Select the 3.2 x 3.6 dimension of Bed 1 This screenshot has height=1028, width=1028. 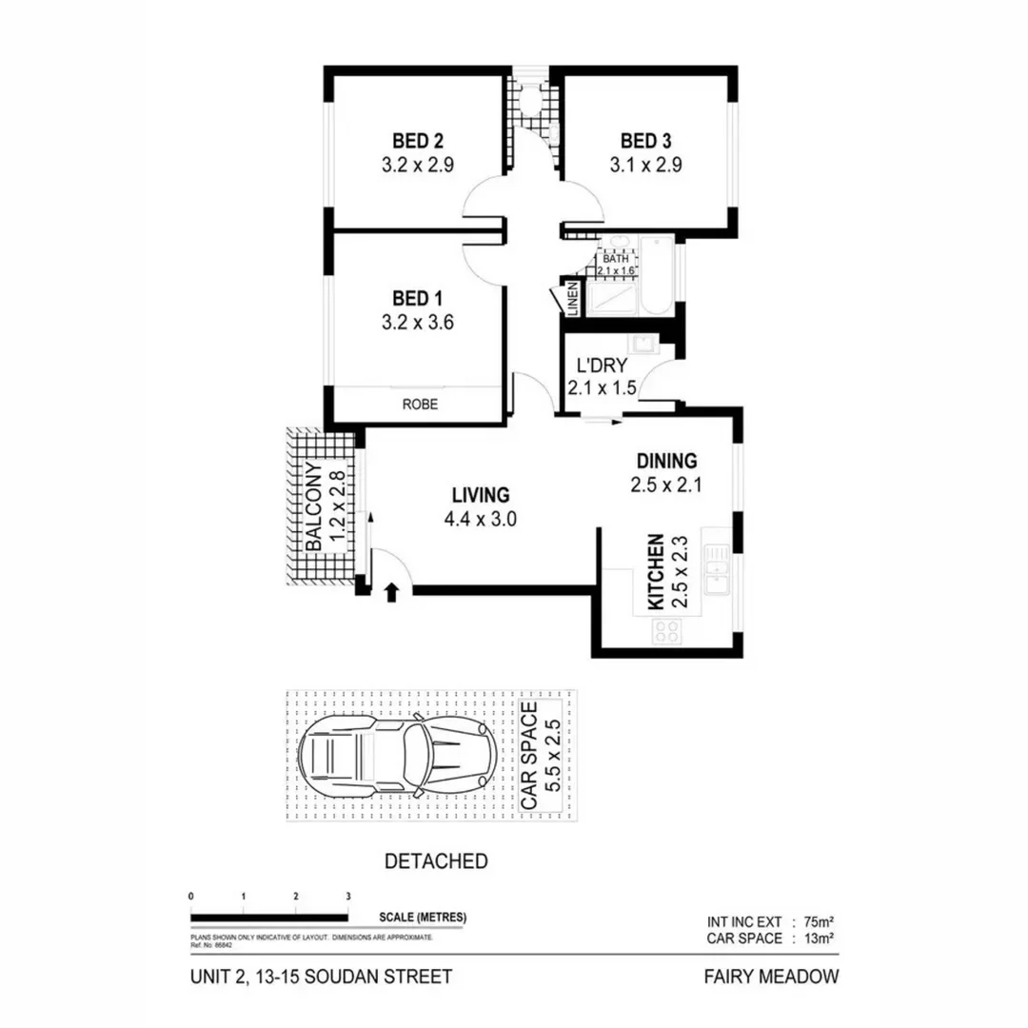(x=417, y=322)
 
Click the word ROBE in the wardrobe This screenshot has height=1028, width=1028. (x=420, y=404)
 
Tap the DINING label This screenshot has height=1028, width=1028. (x=665, y=461)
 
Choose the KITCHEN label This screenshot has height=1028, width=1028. (x=655, y=572)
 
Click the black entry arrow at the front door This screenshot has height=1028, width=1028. (x=390, y=594)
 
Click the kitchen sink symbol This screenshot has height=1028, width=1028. (x=715, y=571)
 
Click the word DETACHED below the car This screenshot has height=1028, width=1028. (x=436, y=861)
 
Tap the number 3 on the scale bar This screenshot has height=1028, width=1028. (x=348, y=896)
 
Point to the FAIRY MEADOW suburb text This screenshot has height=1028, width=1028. (x=770, y=976)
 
